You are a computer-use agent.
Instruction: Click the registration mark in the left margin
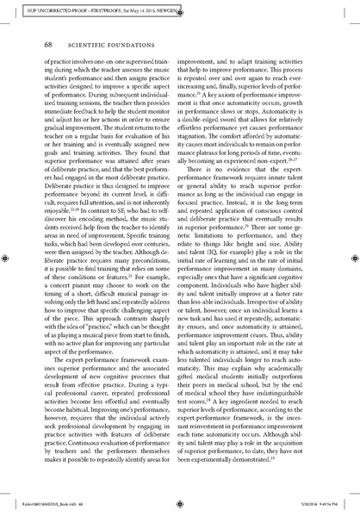coord(7,256)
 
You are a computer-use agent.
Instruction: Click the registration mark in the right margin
coord(352,256)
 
